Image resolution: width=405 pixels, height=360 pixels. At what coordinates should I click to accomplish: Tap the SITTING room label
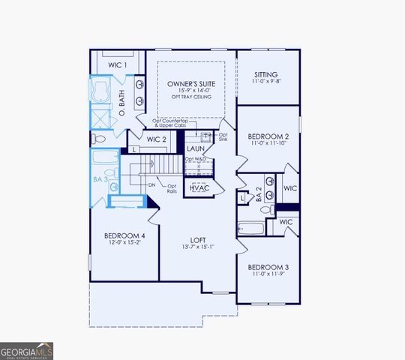tap(265, 74)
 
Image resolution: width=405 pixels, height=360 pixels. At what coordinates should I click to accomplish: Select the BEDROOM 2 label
tap(268, 136)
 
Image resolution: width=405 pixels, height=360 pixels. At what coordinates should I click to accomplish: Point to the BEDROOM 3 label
tap(268, 267)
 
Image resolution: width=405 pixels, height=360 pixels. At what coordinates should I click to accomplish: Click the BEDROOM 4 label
tap(124, 236)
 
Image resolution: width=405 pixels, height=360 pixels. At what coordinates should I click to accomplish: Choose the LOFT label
tap(198, 239)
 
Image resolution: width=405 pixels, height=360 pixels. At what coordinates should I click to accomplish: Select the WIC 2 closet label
tap(155, 139)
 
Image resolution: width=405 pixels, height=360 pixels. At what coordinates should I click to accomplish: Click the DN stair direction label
tap(151, 184)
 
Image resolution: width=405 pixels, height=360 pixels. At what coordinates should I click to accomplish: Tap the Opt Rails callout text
tap(172, 188)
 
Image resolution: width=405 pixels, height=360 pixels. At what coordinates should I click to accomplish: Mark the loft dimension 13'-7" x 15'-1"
tap(198, 247)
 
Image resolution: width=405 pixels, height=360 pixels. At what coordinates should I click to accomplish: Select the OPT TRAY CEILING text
tap(191, 97)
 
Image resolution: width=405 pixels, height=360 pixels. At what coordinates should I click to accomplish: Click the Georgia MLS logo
tap(26, 350)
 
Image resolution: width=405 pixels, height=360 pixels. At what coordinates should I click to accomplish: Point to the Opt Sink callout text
tap(222, 136)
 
